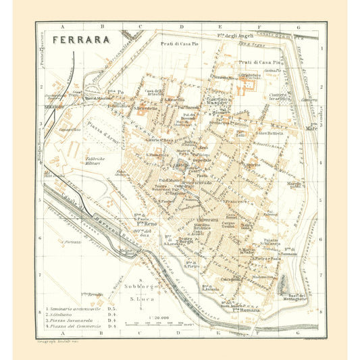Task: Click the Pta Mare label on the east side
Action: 311,127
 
